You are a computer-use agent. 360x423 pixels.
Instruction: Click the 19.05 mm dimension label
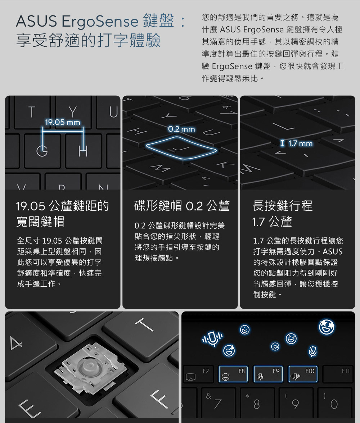pyautogui.click(x=63, y=122)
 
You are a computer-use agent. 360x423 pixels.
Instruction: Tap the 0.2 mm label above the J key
pyautogui.click(x=181, y=129)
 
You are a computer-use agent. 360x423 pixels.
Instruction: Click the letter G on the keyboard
pyautogui.click(x=42, y=151)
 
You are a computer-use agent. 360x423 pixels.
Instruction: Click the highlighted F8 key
pyautogui.click(x=233, y=374)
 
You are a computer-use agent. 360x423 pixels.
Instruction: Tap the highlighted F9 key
pyautogui.click(x=268, y=374)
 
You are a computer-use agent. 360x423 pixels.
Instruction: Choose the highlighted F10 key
pyautogui.click(x=303, y=374)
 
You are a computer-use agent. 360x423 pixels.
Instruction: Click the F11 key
pyautogui.click(x=338, y=374)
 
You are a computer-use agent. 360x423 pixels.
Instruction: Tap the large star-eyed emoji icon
pyautogui.click(x=327, y=327)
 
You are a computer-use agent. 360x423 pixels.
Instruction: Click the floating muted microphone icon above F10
pyautogui.click(x=313, y=351)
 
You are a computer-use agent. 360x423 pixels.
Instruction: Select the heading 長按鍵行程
pyautogui.click(x=283, y=206)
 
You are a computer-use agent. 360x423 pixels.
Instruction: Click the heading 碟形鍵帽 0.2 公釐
pyautogui.click(x=182, y=206)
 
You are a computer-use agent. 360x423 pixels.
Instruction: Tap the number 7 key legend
pyautogui.click(x=218, y=404)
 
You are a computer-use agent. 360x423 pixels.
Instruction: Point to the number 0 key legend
pyautogui.click(x=334, y=404)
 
